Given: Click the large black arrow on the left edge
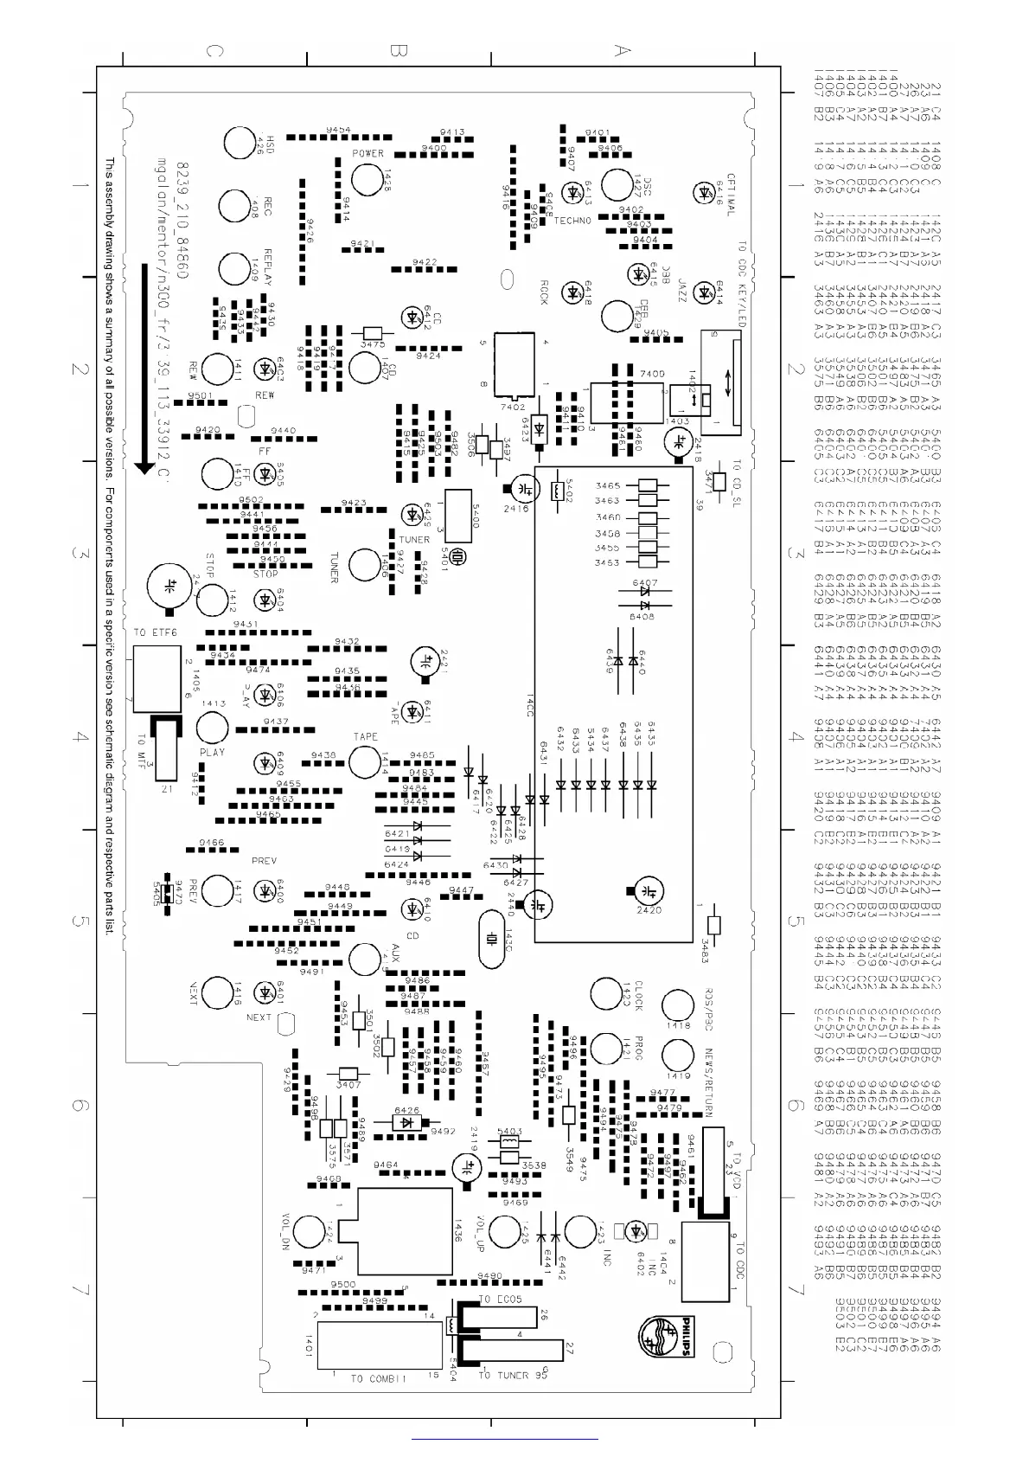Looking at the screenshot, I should pos(145,368).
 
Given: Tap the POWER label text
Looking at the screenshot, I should pos(367,154).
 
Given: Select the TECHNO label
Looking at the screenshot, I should pos(572,221).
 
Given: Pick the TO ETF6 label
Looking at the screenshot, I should pos(156,633).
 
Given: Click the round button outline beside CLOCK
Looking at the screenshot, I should pos(604,993).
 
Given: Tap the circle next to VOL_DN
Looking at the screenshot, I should pos(310,1231).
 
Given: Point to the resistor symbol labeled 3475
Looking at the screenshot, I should pos(373,333).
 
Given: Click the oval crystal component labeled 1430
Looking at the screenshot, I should pos(491,939).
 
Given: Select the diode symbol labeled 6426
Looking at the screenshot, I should pos(406,1122).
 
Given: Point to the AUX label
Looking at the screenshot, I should pos(395,953).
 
